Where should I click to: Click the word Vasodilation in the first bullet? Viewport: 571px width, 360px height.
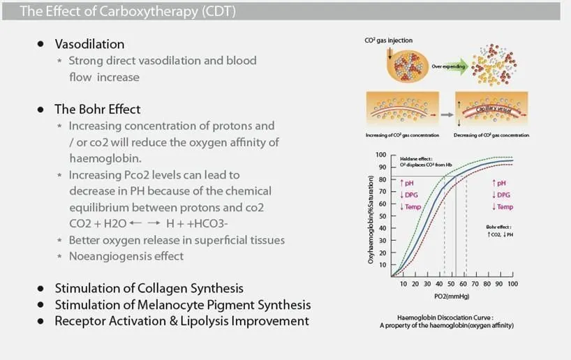[x=89, y=44]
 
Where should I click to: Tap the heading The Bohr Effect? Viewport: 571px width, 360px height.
[x=97, y=110]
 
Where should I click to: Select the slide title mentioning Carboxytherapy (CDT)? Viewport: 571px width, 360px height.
[x=128, y=11]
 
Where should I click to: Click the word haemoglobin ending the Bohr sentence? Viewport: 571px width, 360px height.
[x=105, y=158]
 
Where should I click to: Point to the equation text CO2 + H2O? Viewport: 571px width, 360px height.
[x=98, y=223]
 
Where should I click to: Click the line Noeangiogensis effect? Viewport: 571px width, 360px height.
[x=126, y=256]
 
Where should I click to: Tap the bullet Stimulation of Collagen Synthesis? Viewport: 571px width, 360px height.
[x=149, y=288]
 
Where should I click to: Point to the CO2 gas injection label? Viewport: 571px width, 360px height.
[x=389, y=40]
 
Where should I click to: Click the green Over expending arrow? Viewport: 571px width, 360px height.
[x=450, y=66]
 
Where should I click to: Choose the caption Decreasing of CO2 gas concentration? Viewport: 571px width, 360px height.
[x=491, y=135]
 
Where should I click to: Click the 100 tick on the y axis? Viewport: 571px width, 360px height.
[x=381, y=155]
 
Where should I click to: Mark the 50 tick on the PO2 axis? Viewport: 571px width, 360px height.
[x=451, y=284]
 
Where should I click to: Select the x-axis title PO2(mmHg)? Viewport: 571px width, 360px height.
[x=452, y=297]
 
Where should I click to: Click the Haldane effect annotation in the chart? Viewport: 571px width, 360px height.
[x=426, y=162]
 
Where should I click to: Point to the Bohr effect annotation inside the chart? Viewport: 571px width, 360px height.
[x=500, y=231]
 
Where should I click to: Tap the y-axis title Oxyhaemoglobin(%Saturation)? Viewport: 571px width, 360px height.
[x=371, y=220]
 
